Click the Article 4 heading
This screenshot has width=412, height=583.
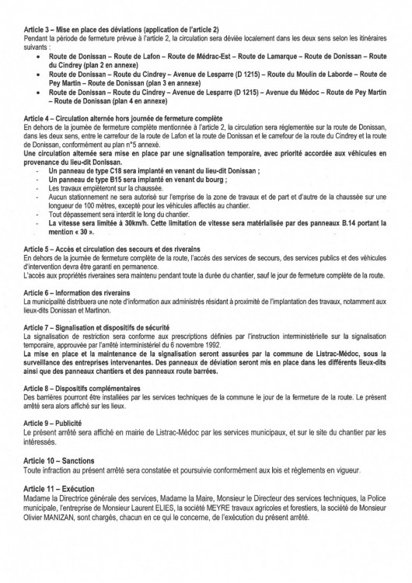(124, 116)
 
